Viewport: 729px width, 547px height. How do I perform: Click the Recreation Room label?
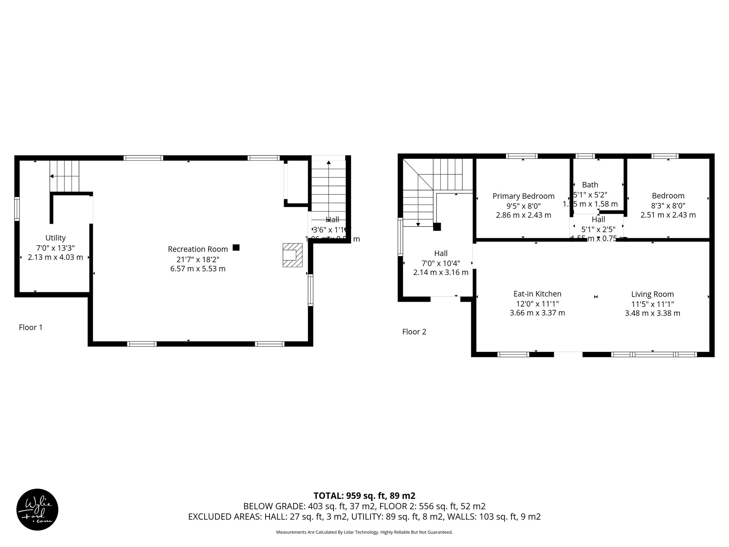[198, 249]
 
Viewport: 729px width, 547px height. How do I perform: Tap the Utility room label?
[56, 238]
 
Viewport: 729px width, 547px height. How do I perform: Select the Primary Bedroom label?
[523, 196]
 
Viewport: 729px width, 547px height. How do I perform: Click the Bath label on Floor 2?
[590, 185]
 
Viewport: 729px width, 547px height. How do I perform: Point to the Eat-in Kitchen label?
[537, 294]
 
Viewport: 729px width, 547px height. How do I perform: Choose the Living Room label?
[652, 295]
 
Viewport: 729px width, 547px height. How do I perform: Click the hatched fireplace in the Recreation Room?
[292, 255]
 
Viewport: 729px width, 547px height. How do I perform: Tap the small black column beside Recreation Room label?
[236, 248]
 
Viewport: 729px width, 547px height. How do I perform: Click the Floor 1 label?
[31, 327]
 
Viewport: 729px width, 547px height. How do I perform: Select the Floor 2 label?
[414, 332]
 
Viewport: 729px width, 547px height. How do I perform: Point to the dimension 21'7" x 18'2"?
[198, 259]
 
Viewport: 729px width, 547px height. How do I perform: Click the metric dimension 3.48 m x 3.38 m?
[652, 313]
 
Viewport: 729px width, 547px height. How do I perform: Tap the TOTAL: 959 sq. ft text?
[364, 496]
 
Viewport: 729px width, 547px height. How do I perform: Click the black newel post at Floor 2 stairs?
[437, 227]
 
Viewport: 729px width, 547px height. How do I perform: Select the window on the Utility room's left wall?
[17, 209]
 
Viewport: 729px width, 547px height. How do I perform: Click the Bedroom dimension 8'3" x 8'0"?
[668, 205]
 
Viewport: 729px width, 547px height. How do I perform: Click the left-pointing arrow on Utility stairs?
[52, 176]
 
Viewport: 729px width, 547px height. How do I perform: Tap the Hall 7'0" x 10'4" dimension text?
[441, 264]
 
